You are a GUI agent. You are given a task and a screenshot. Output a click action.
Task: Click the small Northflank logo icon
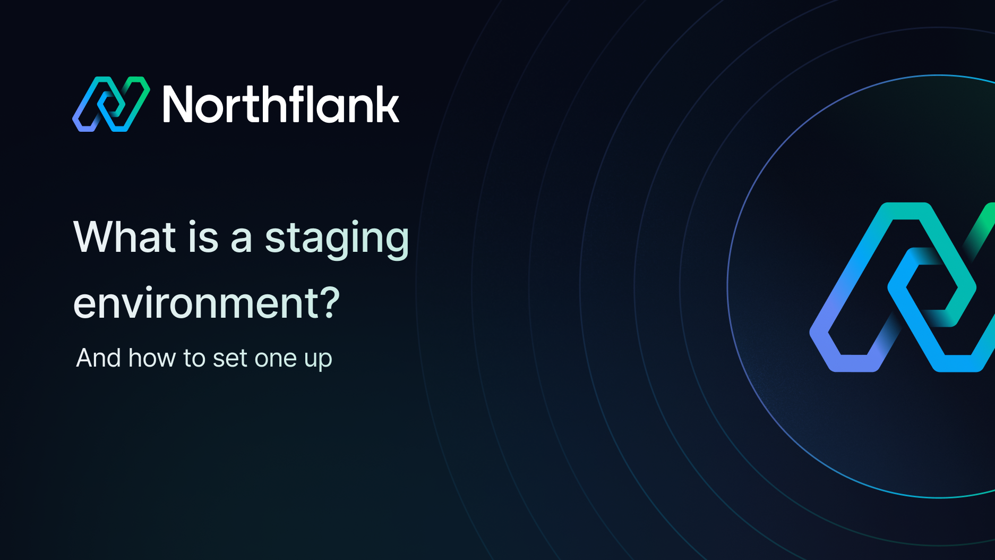111,104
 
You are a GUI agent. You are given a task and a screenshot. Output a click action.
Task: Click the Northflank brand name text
281,105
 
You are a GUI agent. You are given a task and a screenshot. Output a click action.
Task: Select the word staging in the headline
337,239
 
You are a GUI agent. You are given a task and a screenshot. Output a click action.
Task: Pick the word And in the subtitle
99,358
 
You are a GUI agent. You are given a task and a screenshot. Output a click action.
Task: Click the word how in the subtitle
152,358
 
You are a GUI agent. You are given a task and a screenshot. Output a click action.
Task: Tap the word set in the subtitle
230,359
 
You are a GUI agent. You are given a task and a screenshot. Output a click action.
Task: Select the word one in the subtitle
276,359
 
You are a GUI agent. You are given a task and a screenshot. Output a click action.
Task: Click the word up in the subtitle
318,360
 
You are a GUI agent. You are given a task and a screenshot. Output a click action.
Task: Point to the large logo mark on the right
903,287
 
